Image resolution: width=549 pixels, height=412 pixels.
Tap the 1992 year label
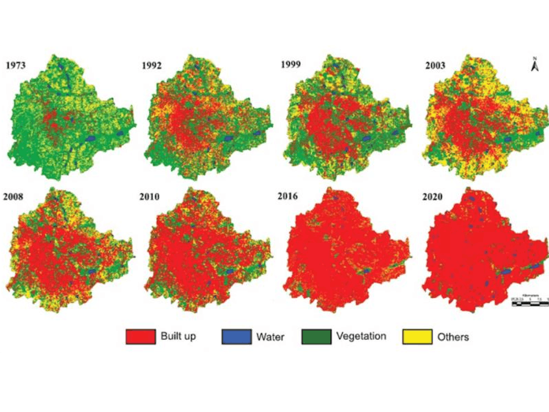[151, 66]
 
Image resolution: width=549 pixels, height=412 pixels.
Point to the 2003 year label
[436, 65]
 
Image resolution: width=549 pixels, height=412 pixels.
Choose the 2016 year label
[296, 198]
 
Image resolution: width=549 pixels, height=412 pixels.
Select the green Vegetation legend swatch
[317, 336]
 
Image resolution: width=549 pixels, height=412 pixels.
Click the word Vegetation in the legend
[361, 336]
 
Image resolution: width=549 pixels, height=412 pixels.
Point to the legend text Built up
[178, 336]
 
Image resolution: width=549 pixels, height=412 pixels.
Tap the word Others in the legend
[453, 337]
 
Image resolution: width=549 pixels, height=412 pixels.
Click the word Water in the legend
[270, 337]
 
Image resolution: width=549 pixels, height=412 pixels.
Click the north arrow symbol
[534, 65]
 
